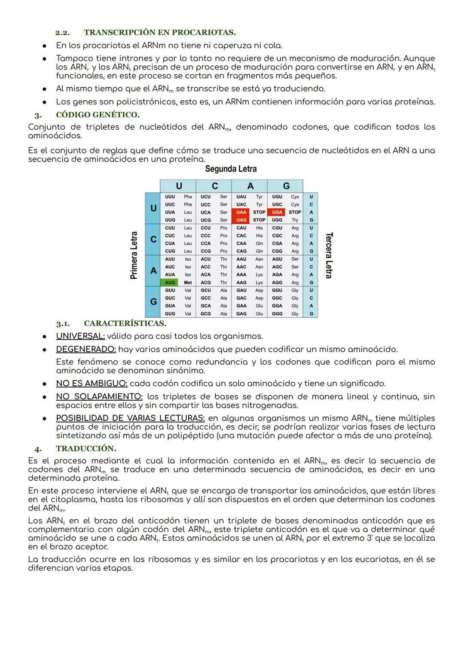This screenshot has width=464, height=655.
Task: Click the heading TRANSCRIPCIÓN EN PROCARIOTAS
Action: coord(159,33)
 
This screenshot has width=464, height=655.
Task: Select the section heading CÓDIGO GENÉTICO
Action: coord(98,115)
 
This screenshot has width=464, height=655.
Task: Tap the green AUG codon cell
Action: coord(170,283)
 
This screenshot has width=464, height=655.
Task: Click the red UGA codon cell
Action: coord(277,212)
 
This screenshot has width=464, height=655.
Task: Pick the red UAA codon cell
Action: coord(241,212)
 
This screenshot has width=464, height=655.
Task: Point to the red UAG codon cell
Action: coord(241,220)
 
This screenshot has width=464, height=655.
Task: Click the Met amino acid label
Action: coord(188,283)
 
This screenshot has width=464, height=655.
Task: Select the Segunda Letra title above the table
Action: coord(231,169)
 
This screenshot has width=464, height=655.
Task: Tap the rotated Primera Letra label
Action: coord(134,255)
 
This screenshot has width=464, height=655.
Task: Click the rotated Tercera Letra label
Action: coord(329,255)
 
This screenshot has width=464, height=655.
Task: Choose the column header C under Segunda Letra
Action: coord(214,186)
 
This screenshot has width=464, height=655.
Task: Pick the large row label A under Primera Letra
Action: coord(153,271)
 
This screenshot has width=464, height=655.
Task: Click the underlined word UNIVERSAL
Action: coord(80,336)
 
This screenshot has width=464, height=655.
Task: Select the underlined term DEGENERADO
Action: coord(86,349)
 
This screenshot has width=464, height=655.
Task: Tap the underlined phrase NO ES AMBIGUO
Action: coord(92,384)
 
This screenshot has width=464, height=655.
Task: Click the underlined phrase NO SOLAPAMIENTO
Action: coord(99,396)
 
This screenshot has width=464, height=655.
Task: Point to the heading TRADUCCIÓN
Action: coord(86,448)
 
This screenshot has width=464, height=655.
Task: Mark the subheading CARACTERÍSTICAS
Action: coord(125,323)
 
